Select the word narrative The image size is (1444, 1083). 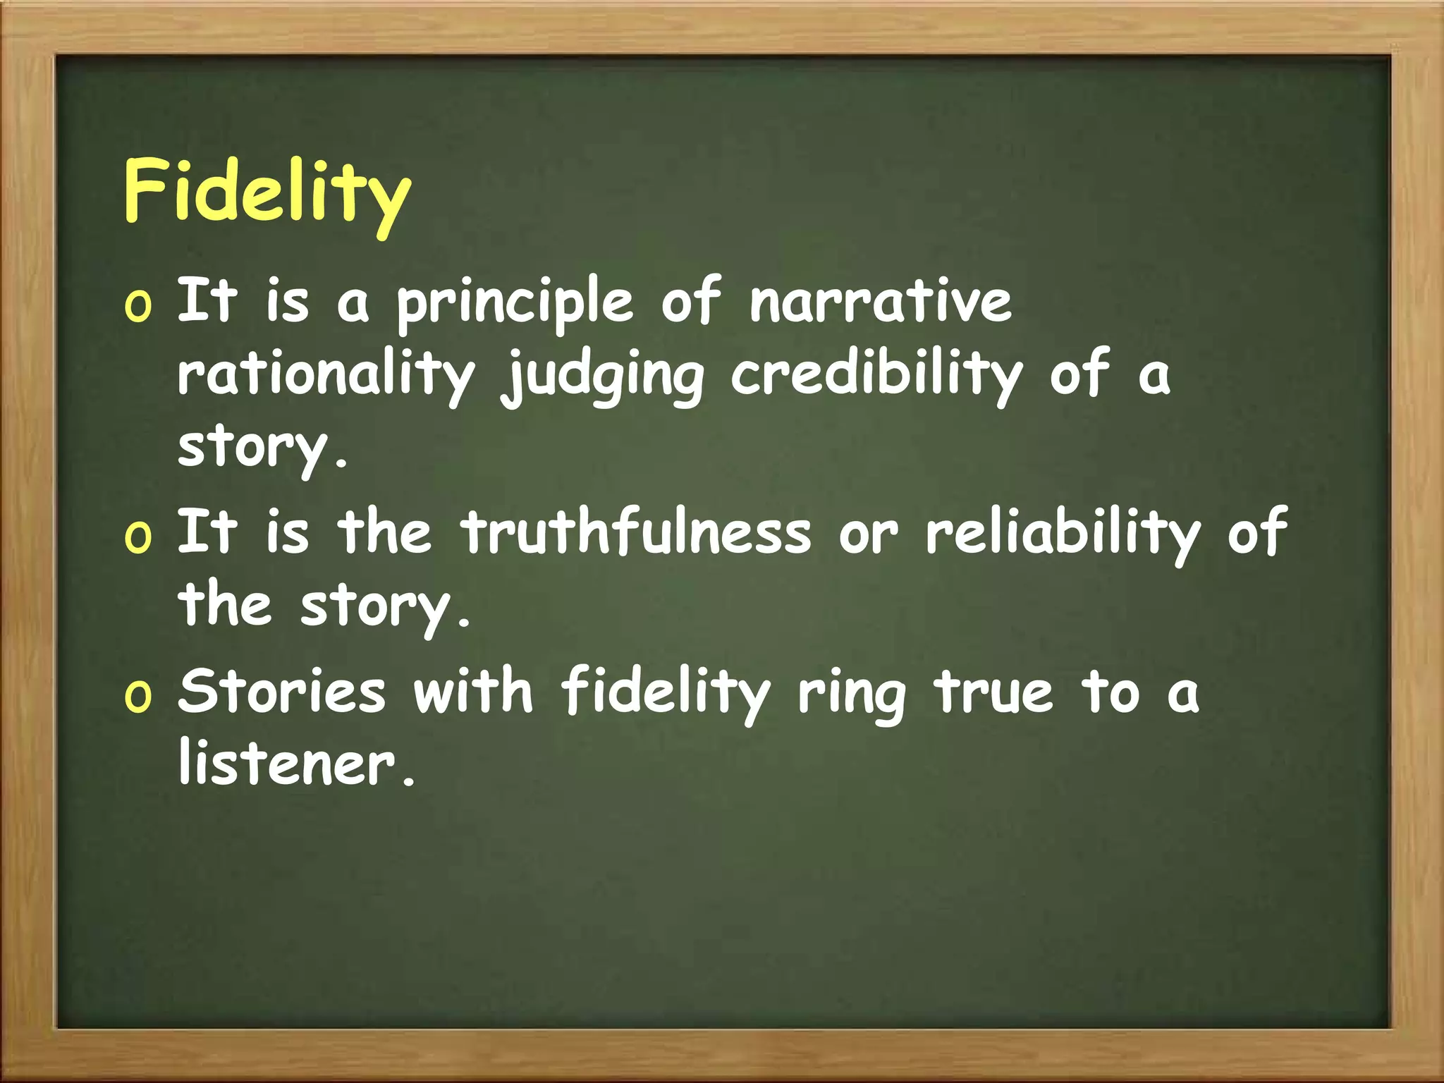[880, 301]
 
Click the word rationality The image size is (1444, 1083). [326, 376]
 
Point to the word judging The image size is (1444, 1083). [603, 376]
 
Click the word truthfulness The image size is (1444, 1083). [637, 533]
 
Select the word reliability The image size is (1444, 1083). [1063, 533]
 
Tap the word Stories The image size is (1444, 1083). [282, 691]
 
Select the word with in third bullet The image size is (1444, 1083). [473, 691]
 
